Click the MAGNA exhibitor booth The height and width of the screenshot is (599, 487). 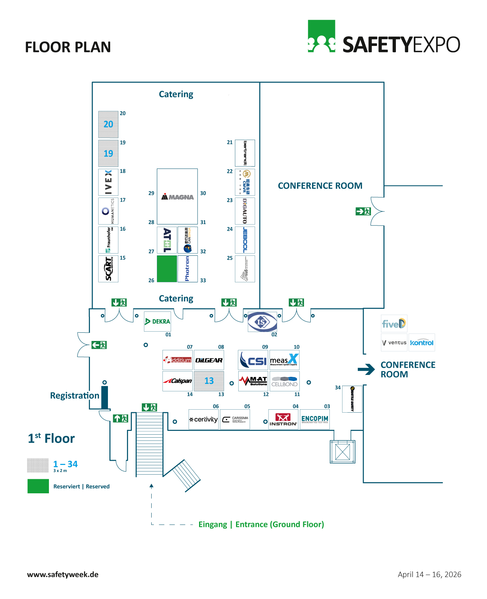[177, 196]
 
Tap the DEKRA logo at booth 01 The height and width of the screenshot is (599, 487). [157, 322]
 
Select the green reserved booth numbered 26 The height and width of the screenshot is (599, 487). [167, 269]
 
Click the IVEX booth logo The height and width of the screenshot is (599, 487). [108, 182]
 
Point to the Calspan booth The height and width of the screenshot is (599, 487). [177, 381]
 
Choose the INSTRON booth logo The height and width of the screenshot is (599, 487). [283, 419]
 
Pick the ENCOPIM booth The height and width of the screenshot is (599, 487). [314, 419]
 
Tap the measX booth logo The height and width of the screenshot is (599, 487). [284, 360]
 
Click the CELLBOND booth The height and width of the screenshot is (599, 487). [284, 381]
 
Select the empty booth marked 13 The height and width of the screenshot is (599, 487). [209, 381]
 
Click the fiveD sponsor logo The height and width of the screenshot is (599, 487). [394, 323]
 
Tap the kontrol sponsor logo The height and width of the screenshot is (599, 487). [422, 342]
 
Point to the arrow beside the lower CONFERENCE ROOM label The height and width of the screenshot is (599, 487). [366, 369]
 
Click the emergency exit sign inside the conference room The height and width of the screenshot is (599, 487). [363, 211]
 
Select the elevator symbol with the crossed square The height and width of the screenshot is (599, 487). [342, 452]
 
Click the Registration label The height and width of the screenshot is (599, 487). [75, 395]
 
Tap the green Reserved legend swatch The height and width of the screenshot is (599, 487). [38, 486]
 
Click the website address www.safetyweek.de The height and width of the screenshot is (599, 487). [63, 574]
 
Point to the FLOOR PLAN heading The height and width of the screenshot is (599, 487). [68, 47]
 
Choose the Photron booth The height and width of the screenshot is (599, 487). [187, 269]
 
